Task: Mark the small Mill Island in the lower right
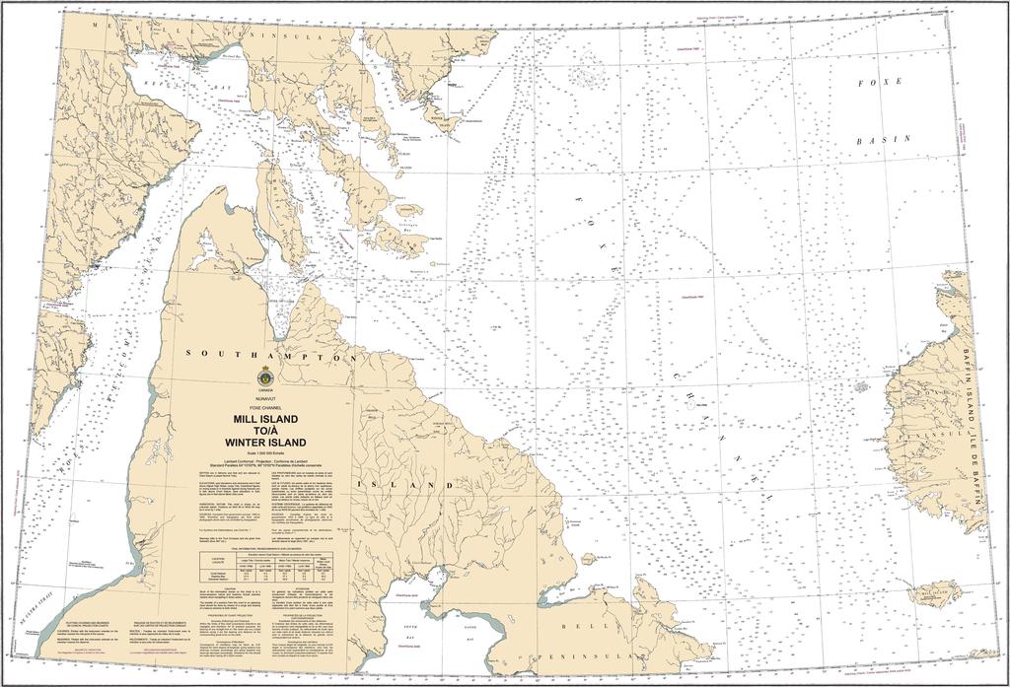tap(932, 594)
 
